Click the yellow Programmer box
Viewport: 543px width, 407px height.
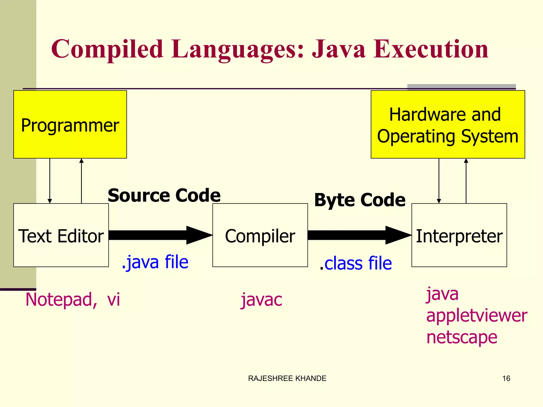coord(70,125)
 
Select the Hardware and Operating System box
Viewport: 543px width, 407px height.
coord(448,125)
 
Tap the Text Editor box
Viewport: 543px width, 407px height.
coord(61,235)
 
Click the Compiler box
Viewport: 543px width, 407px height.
coord(260,235)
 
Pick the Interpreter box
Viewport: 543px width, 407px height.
coord(459,235)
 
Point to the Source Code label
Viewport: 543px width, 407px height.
coord(164,195)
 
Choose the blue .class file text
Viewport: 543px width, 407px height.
coord(356,263)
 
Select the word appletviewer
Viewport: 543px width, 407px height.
coord(476,316)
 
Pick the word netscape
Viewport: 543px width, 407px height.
coord(462,337)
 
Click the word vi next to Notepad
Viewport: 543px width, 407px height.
coord(113,299)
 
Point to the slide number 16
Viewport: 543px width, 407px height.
coord(506,378)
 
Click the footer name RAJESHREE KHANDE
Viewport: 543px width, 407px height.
coord(287,378)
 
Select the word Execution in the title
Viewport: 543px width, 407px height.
coord(431,49)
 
